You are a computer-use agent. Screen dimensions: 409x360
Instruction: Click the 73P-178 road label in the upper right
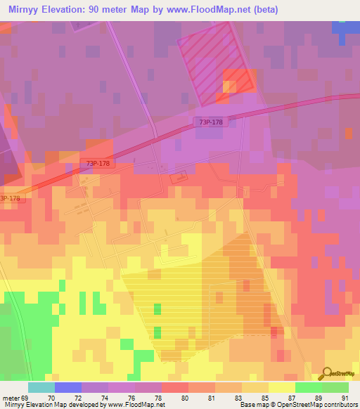(211, 122)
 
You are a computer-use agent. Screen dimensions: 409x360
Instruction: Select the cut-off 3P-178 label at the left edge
(10, 198)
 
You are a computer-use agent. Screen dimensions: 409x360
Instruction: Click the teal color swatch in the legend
(41, 387)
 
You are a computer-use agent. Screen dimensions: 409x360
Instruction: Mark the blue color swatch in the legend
(67, 387)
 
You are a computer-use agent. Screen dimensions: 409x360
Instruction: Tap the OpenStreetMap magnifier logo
(327, 372)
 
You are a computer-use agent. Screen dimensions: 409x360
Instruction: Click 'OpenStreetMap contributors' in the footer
(317, 405)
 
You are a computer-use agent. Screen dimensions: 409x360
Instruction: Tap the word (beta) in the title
(266, 10)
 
